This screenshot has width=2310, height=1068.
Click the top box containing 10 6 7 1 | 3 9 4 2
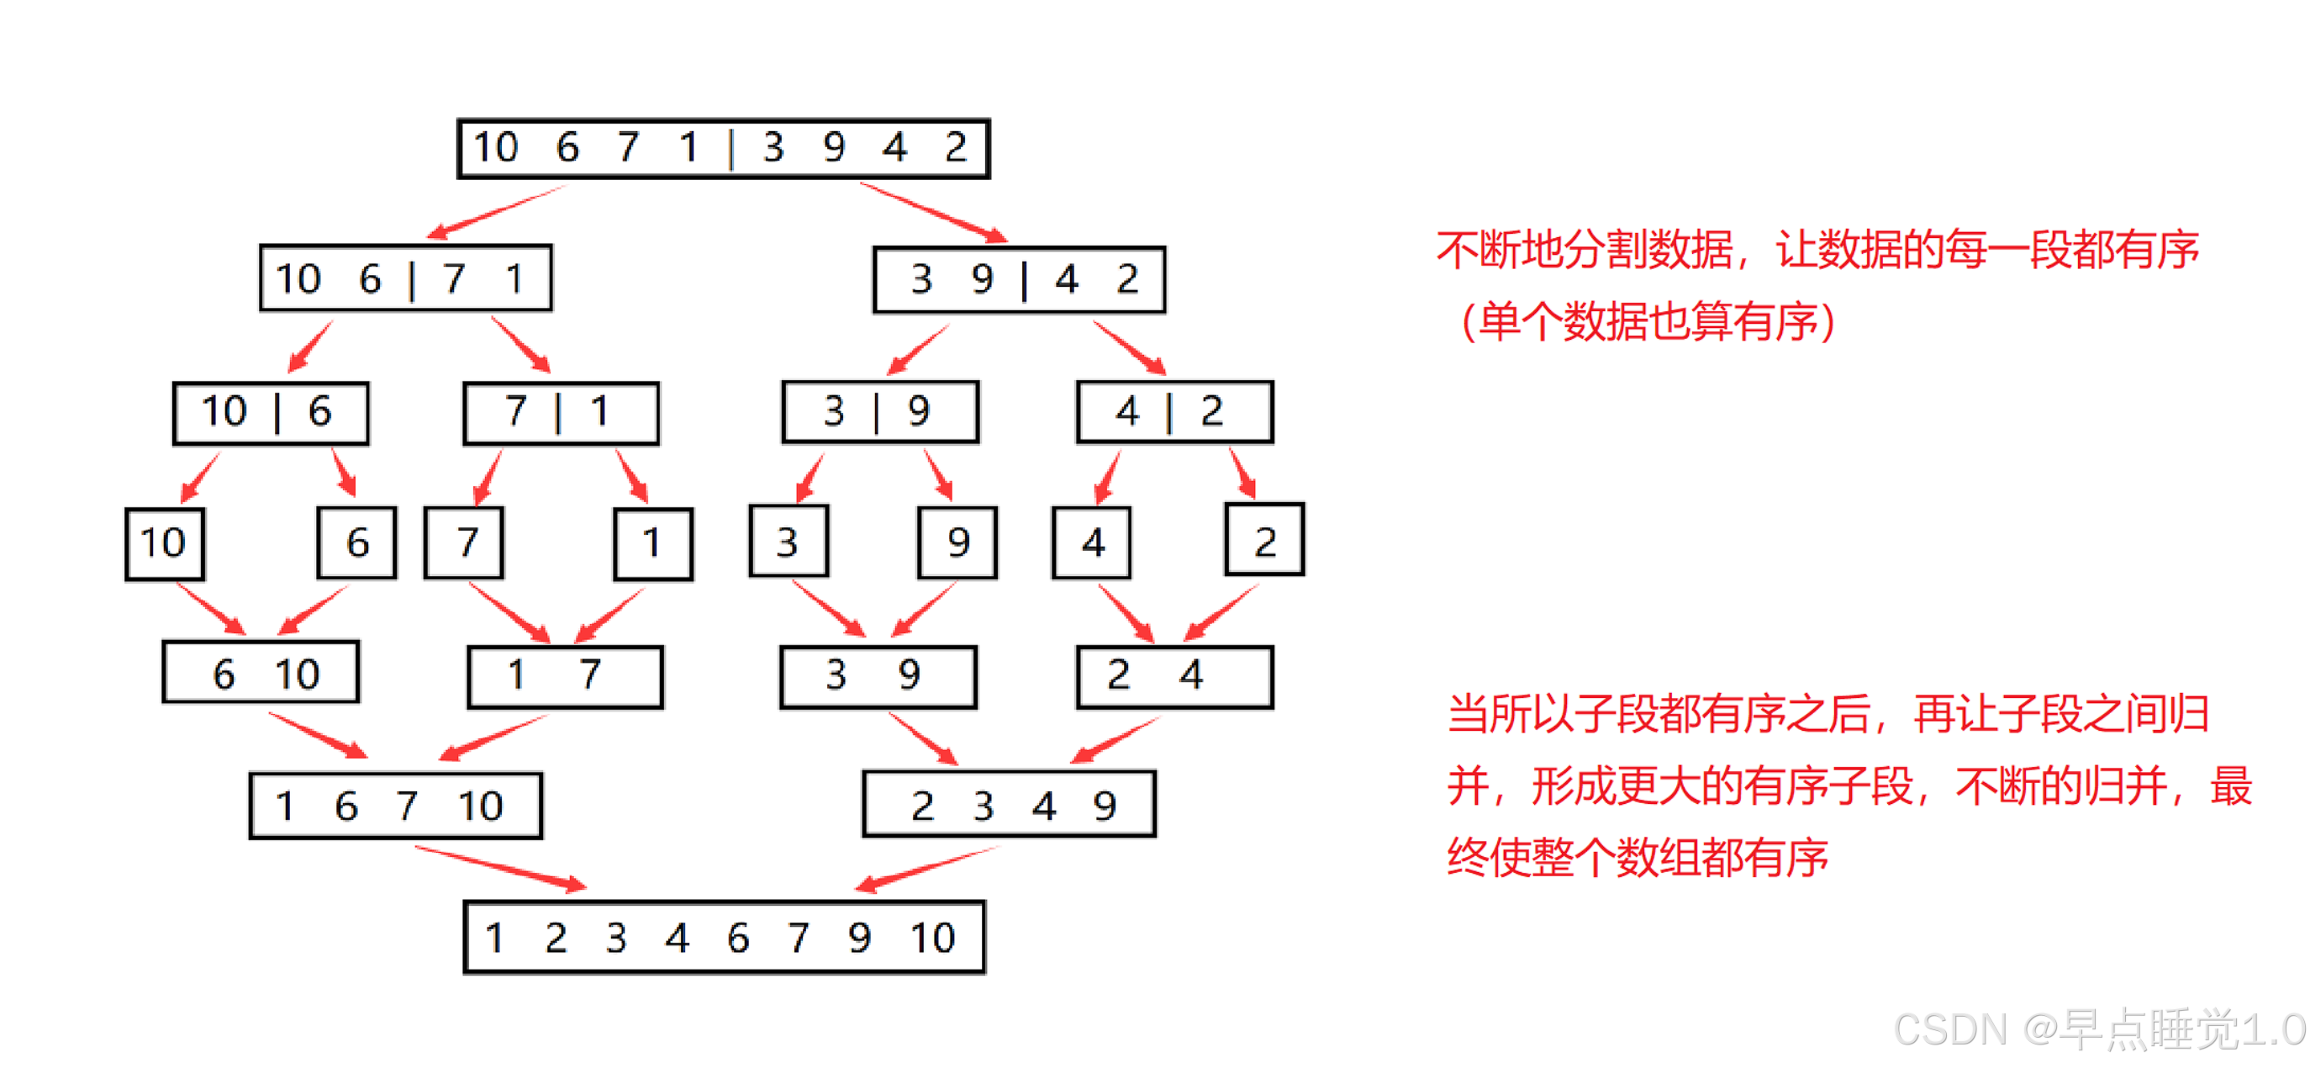pos(723,148)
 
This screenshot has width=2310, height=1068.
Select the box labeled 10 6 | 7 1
pos(405,278)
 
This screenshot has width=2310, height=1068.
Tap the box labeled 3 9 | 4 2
pos(1019,280)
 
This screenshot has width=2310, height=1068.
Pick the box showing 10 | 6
pos(271,413)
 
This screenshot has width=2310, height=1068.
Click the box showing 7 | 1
pos(561,413)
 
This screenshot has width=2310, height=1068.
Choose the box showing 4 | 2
pos(1173,411)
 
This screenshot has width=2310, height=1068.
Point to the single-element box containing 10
pos(164,543)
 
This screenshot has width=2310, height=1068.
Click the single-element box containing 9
pos(957,542)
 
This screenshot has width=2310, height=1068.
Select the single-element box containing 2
pos(1263,540)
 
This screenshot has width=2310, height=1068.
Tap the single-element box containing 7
pos(464,542)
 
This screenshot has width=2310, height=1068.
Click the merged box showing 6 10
pos(260,673)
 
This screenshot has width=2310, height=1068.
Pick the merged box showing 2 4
pos(1173,676)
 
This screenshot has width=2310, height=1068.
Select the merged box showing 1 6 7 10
pos(395,806)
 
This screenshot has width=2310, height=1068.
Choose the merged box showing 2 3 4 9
pos(1009,804)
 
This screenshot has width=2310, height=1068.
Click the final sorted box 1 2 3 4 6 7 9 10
pos(724,937)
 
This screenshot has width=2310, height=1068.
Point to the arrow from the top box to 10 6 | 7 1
pos(495,213)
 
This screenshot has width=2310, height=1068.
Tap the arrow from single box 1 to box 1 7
pos(609,616)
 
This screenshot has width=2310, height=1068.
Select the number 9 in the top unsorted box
pos(833,147)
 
